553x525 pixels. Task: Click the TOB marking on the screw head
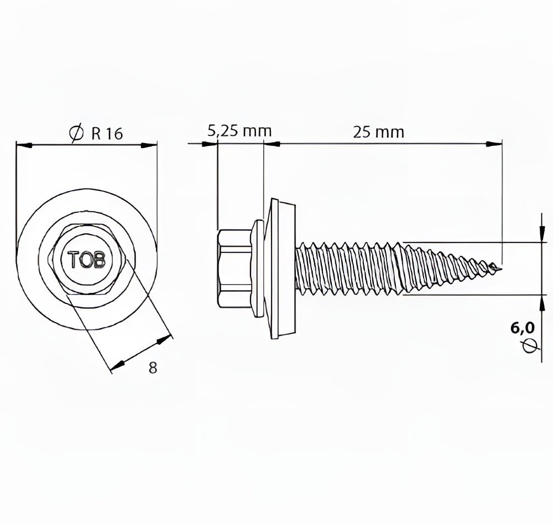pos(87,260)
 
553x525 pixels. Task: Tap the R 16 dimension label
pos(107,134)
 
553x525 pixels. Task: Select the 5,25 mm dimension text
pos(239,131)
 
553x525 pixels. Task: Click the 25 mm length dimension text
pos(378,132)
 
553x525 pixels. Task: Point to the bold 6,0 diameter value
pos(523,328)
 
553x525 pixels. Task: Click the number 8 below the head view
pos(153,368)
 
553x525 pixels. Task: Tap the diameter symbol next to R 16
pos(77,134)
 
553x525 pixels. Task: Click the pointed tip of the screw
pos(502,269)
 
